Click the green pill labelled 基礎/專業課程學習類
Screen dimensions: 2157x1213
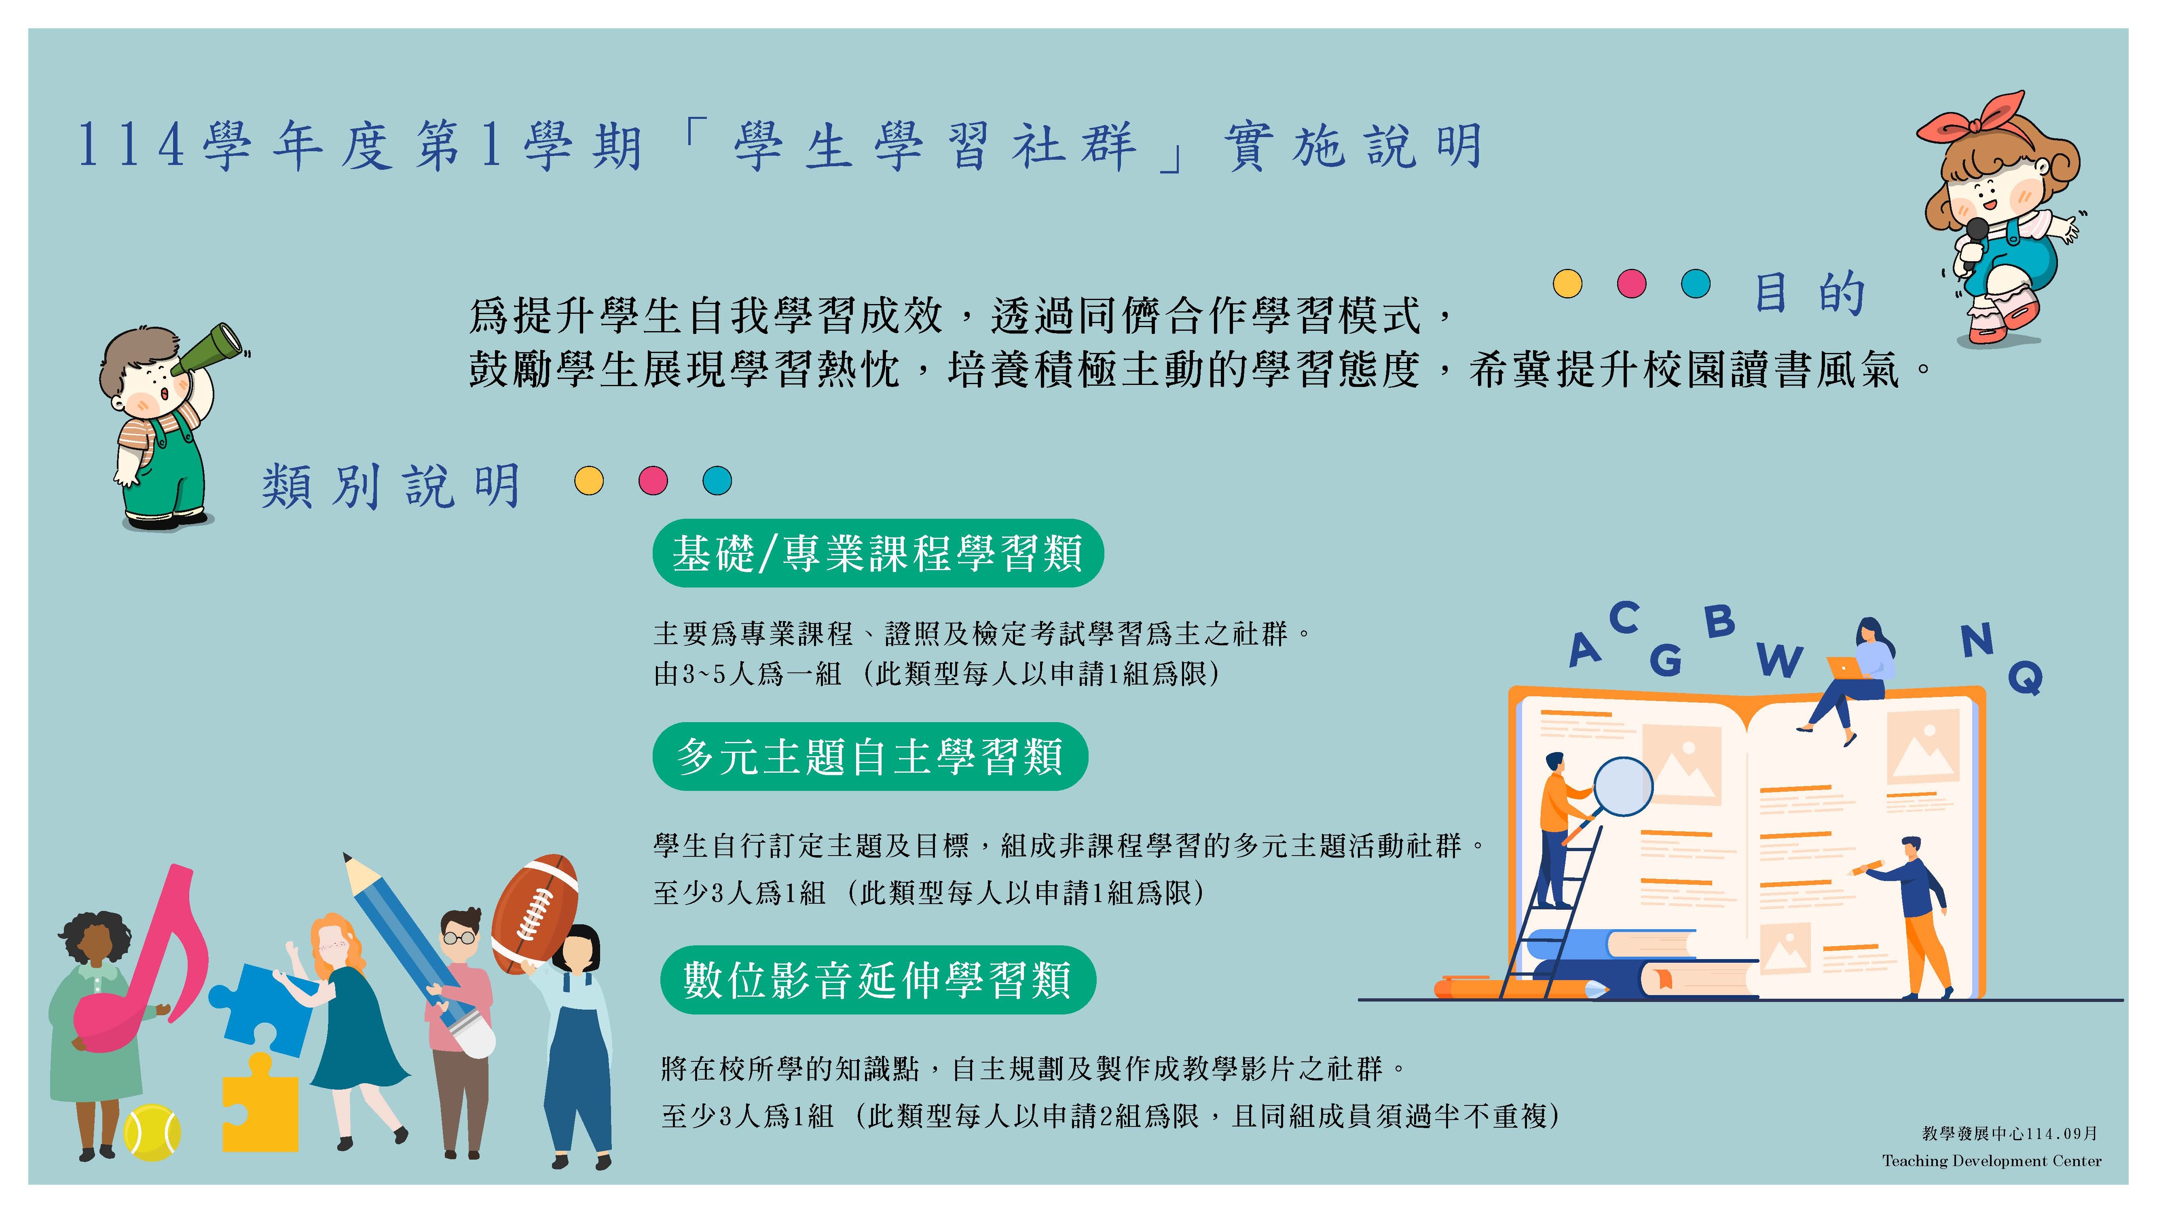878,554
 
